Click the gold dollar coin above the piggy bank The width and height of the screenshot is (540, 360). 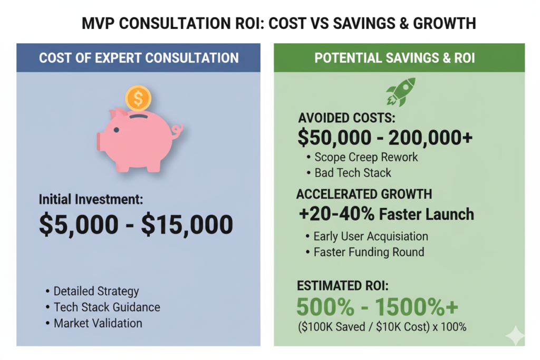(x=138, y=98)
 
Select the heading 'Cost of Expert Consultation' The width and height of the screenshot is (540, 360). (x=139, y=57)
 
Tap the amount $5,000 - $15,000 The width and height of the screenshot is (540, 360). (x=136, y=224)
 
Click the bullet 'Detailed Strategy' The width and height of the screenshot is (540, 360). (x=97, y=291)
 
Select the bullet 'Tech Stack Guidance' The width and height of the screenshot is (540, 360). (x=107, y=307)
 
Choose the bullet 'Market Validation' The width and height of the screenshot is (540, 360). (x=98, y=323)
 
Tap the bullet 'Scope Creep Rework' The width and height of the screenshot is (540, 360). (x=366, y=157)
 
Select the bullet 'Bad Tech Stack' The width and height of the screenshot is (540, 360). (x=353, y=172)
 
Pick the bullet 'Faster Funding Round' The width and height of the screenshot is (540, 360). (x=369, y=252)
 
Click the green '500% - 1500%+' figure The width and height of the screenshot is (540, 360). (x=377, y=307)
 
